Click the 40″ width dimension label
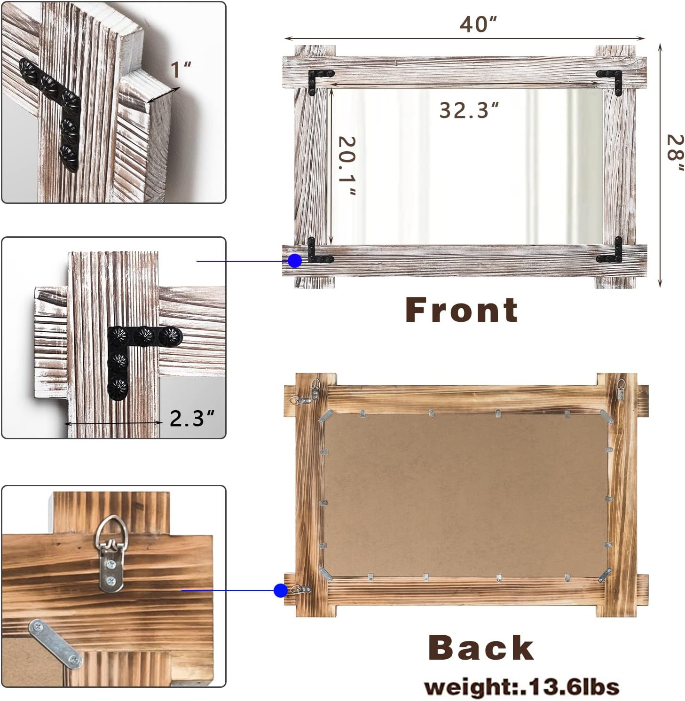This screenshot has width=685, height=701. [478, 24]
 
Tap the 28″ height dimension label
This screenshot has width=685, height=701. [675, 154]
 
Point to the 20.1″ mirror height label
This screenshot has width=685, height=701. [347, 166]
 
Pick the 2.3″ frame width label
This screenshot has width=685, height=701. [192, 418]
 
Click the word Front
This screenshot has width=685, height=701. [462, 310]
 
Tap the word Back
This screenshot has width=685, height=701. [481, 647]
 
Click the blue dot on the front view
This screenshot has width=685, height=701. [295, 261]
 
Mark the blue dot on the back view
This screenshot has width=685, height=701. [281, 591]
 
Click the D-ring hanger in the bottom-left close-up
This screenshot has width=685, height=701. [110, 554]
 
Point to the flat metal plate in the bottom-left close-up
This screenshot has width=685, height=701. [55, 644]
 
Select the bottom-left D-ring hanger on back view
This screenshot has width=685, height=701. [300, 589]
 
